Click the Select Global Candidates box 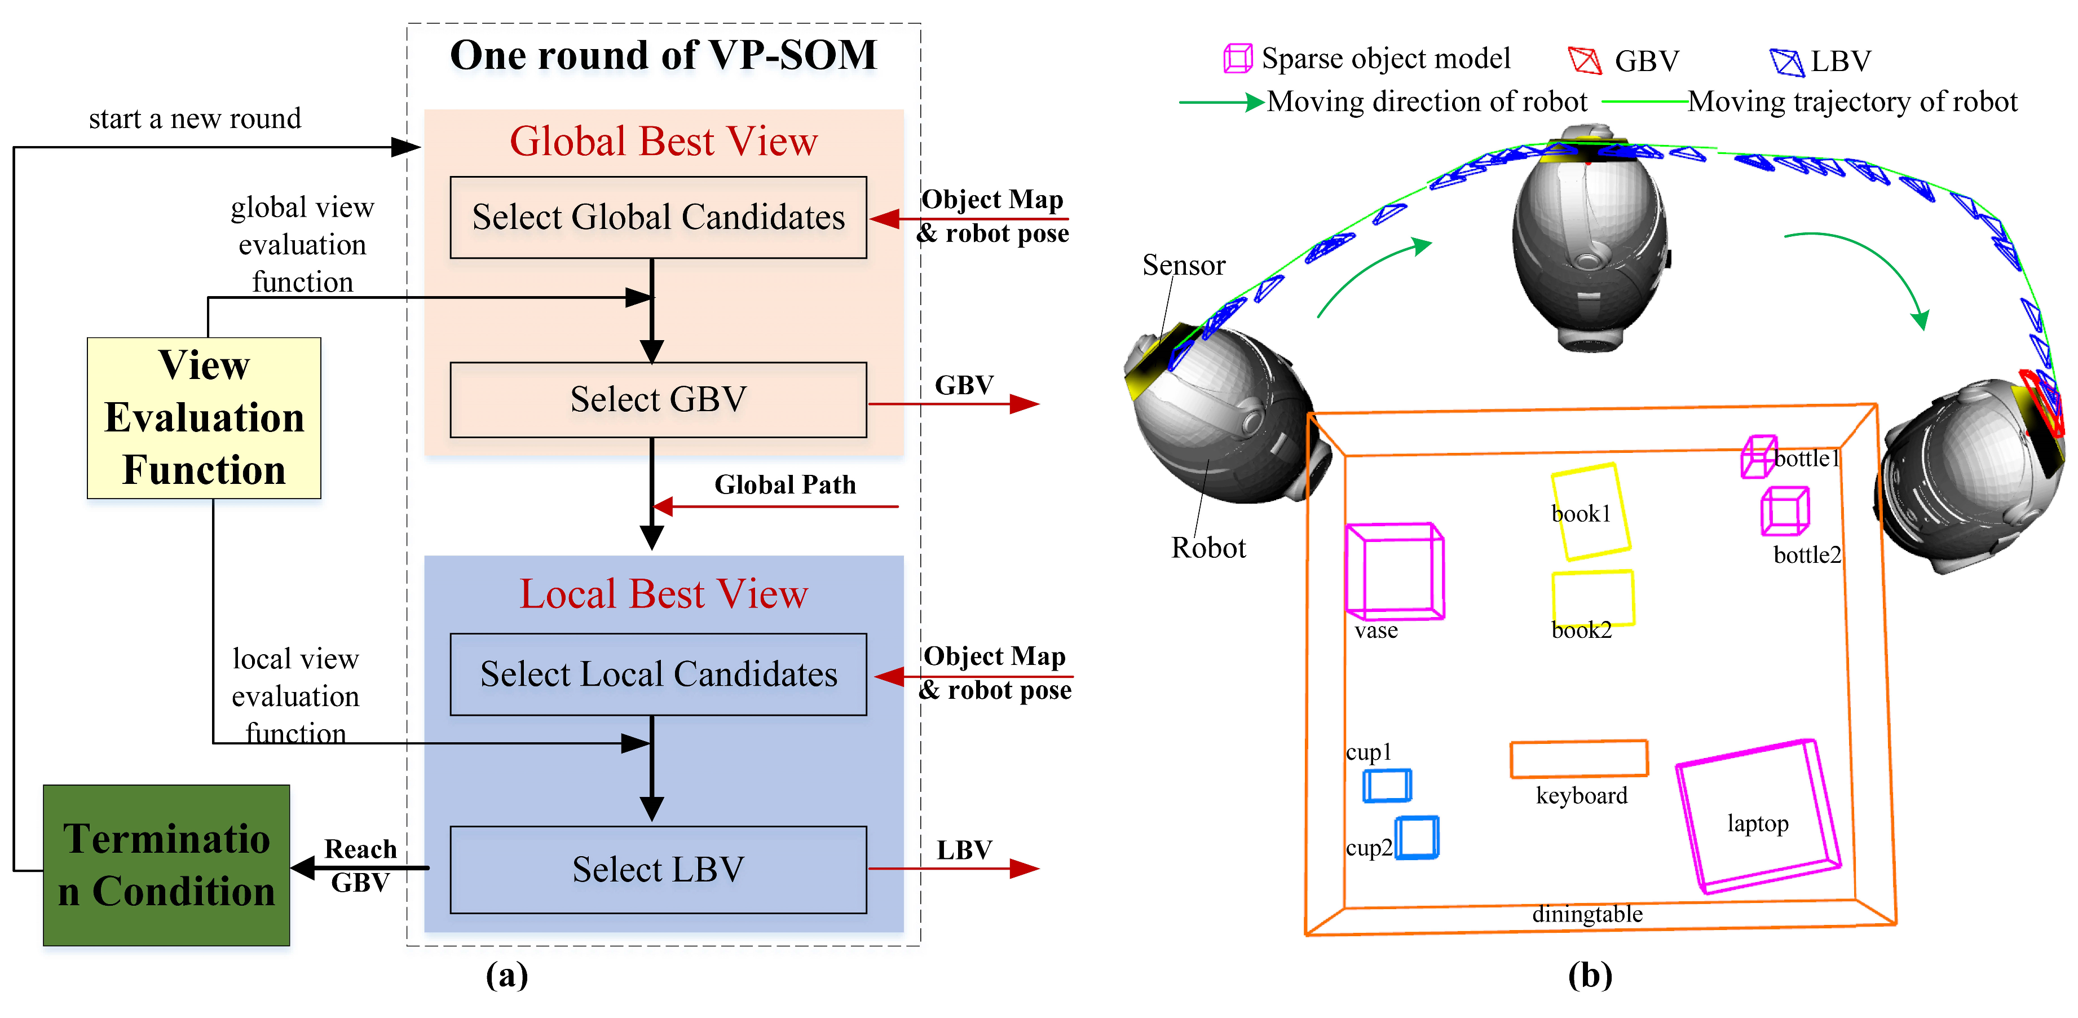[x=658, y=217]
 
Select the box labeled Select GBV [x=658, y=399]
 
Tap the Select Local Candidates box [x=658, y=675]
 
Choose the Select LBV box [x=658, y=870]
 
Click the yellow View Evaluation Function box [x=204, y=418]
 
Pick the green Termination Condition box [x=166, y=865]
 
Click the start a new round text [x=195, y=118]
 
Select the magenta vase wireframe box [x=1394, y=571]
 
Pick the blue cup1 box [x=1387, y=786]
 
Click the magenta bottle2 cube [x=1784, y=510]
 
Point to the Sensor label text [x=1184, y=266]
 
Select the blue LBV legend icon [x=1785, y=61]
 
